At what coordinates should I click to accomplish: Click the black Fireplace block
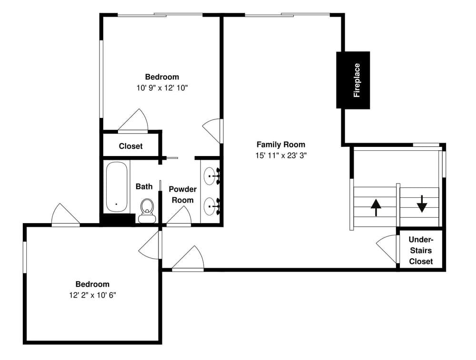point(353,80)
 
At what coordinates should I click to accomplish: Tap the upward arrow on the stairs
point(376,207)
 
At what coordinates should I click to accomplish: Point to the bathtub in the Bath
point(117,187)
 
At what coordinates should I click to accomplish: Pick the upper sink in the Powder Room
point(211,176)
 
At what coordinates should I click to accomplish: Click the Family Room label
point(281,145)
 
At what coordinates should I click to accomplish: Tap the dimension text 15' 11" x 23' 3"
point(281,156)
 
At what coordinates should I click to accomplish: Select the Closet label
point(130,146)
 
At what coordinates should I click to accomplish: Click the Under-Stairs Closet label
point(421,251)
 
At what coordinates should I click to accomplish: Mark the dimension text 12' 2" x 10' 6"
point(92,295)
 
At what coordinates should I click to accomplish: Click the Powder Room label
point(182,195)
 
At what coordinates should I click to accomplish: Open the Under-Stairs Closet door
point(387,249)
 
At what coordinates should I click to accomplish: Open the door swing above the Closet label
point(134,121)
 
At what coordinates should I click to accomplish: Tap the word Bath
point(144,186)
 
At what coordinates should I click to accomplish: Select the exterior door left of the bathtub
point(65,215)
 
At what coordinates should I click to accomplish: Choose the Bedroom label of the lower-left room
point(92,284)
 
